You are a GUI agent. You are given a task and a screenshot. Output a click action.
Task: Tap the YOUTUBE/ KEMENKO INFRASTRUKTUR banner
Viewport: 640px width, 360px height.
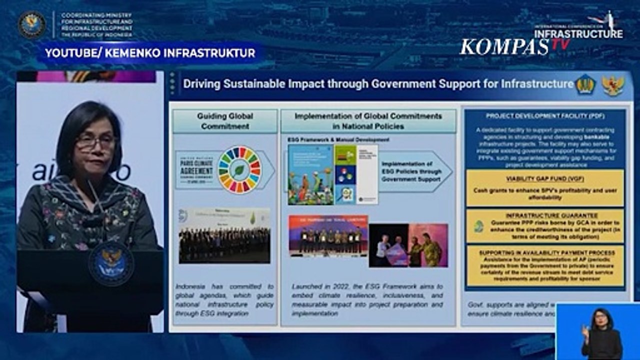tap(150, 53)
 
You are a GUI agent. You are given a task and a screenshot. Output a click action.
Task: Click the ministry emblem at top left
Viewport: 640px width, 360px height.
tap(32, 24)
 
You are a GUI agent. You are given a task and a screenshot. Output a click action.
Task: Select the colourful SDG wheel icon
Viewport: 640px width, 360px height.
tap(240, 169)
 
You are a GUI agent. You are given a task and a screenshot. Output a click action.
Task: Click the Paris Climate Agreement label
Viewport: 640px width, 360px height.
tap(195, 170)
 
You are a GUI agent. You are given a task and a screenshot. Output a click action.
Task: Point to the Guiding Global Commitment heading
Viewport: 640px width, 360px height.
tap(224, 121)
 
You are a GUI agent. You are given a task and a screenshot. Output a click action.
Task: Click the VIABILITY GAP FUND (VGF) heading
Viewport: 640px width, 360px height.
tap(544, 178)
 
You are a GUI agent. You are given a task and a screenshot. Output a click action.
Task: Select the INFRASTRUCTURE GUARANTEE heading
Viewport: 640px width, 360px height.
tap(544, 215)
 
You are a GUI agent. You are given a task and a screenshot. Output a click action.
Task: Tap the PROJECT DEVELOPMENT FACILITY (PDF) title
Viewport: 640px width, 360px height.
tap(544, 116)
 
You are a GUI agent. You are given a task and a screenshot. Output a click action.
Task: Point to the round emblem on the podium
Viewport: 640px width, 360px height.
tap(110, 262)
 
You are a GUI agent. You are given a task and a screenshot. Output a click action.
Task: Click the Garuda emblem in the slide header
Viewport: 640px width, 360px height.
tap(612, 85)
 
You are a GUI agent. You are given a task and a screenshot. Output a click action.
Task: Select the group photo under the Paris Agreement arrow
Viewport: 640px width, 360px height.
tap(224, 235)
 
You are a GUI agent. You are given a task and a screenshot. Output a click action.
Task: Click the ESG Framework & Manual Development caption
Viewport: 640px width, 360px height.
tap(338, 139)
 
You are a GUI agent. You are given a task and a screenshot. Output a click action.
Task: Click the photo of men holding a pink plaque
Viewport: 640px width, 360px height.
tap(408, 245)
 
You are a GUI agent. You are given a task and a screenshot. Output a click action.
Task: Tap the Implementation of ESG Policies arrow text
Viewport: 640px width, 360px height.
tap(407, 171)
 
